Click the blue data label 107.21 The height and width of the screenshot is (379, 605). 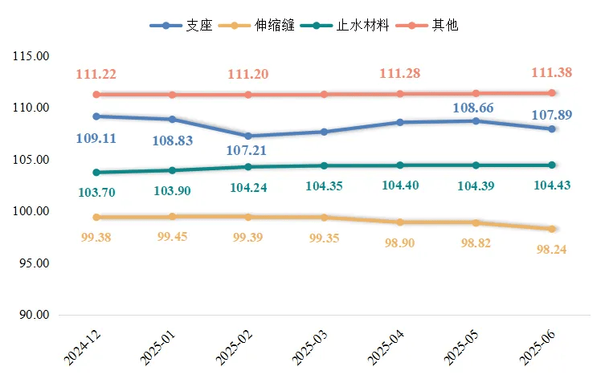click(247, 150)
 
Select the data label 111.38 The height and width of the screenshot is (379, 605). click(552, 73)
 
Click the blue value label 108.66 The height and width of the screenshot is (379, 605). click(474, 108)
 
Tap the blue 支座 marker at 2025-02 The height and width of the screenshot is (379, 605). click(248, 136)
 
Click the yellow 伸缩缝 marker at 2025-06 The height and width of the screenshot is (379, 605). click(552, 229)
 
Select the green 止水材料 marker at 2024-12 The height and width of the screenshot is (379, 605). click(96, 172)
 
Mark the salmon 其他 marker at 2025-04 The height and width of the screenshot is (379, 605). click(400, 93)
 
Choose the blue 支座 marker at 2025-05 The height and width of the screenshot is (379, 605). click(476, 121)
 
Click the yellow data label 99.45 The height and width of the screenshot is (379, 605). click(172, 237)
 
